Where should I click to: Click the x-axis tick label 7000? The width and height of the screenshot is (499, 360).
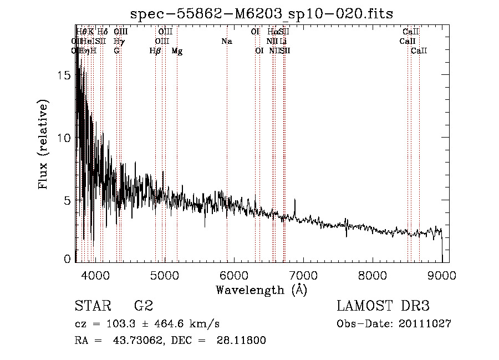pos(303,275)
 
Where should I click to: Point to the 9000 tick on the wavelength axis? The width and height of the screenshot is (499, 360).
pos(442,275)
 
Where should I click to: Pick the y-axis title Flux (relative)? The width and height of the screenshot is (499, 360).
pos(44,144)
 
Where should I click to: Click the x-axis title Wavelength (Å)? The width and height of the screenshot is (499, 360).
pos(261,290)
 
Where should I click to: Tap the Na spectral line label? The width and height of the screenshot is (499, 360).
pos(226,41)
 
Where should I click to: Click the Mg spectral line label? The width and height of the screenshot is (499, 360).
pos(177,51)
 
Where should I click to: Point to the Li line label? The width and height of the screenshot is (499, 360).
pos(283,41)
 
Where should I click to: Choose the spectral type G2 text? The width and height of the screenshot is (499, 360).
pos(144,306)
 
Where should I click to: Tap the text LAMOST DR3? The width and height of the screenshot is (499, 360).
pos(383,306)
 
